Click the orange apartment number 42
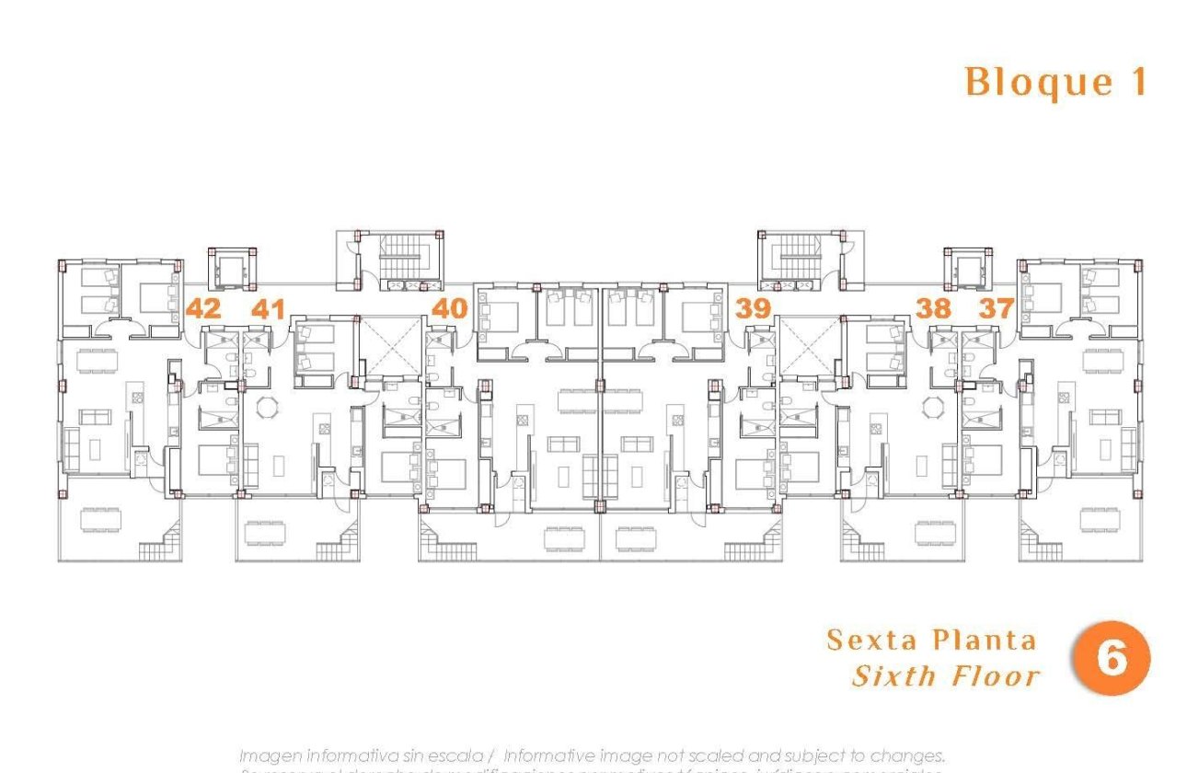pos(203,308)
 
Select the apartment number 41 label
pos(268,308)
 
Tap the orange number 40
pos(449,307)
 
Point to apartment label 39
pos(754,308)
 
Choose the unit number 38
pos(933,308)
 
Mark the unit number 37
pos(996,308)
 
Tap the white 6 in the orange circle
pos(1112,659)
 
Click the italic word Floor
pos(996,676)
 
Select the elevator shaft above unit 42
pos(229,270)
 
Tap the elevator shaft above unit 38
pos(968,270)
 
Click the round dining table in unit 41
pos(267,406)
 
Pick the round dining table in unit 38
pos(930,406)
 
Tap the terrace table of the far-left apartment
pos(99,520)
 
